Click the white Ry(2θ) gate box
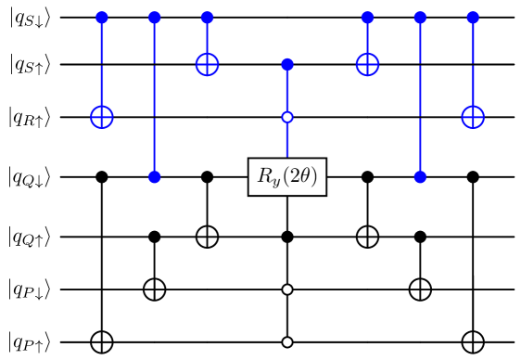pyautogui.click(x=287, y=176)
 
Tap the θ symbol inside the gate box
pyautogui.click(x=307, y=176)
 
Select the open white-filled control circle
pyautogui.click(x=287, y=117)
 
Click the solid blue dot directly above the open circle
pyautogui.click(x=287, y=64)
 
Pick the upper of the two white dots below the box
pyautogui.click(x=287, y=289)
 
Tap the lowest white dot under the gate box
pyautogui.click(x=287, y=342)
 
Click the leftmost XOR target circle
pyautogui.click(x=102, y=117)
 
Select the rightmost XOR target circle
pyautogui.click(x=473, y=117)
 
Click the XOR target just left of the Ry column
pyautogui.click(x=207, y=64)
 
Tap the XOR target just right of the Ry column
pyautogui.click(x=367, y=64)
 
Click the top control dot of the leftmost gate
pyautogui.click(x=102, y=18)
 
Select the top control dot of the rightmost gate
pyautogui.click(x=473, y=18)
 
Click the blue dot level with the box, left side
pyautogui.click(x=155, y=176)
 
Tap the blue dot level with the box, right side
pyautogui.click(x=420, y=176)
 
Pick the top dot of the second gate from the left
pyautogui.click(x=155, y=18)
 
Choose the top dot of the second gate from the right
pyautogui.click(x=420, y=18)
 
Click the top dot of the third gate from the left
pyautogui.click(x=207, y=18)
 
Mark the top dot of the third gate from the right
pyautogui.click(x=367, y=18)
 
